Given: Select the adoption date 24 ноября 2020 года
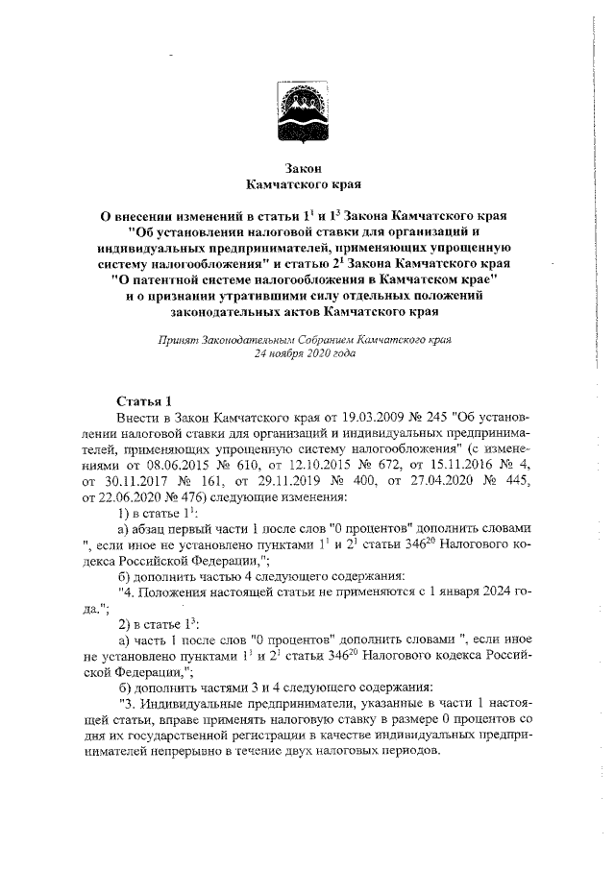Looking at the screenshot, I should tap(304, 354).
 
